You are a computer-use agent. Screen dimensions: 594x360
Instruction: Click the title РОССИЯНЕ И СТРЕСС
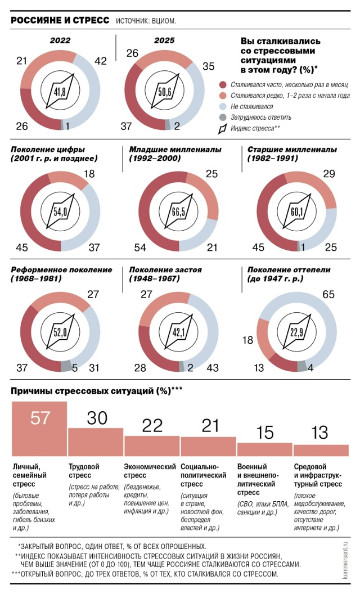click(x=60, y=20)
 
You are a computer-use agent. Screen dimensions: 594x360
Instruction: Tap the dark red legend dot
click(x=223, y=84)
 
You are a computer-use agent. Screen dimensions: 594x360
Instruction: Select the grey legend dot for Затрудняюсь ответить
click(x=223, y=118)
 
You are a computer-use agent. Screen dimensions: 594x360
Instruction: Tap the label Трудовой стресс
click(x=84, y=471)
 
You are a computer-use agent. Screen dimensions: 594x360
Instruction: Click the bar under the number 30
click(x=96, y=442)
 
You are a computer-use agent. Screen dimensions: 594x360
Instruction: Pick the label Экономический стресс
click(x=150, y=471)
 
